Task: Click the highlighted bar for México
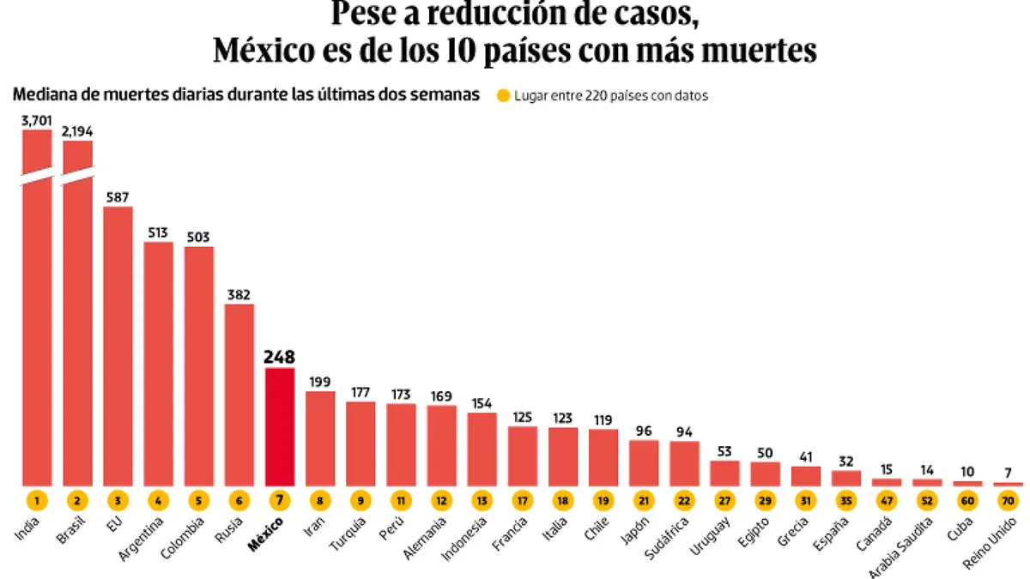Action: tap(280, 426)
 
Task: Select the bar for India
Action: tap(37, 326)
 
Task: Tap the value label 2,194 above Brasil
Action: tap(77, 131)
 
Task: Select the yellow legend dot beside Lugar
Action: tap(503, 97)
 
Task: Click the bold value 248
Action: tap(280, 356)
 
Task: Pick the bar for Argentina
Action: tap(158, 364)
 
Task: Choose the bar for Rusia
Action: tap(239, 395)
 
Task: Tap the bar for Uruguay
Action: tap(724, 473)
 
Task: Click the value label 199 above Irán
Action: tap(320, 382)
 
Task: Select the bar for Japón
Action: tap(644, 463)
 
